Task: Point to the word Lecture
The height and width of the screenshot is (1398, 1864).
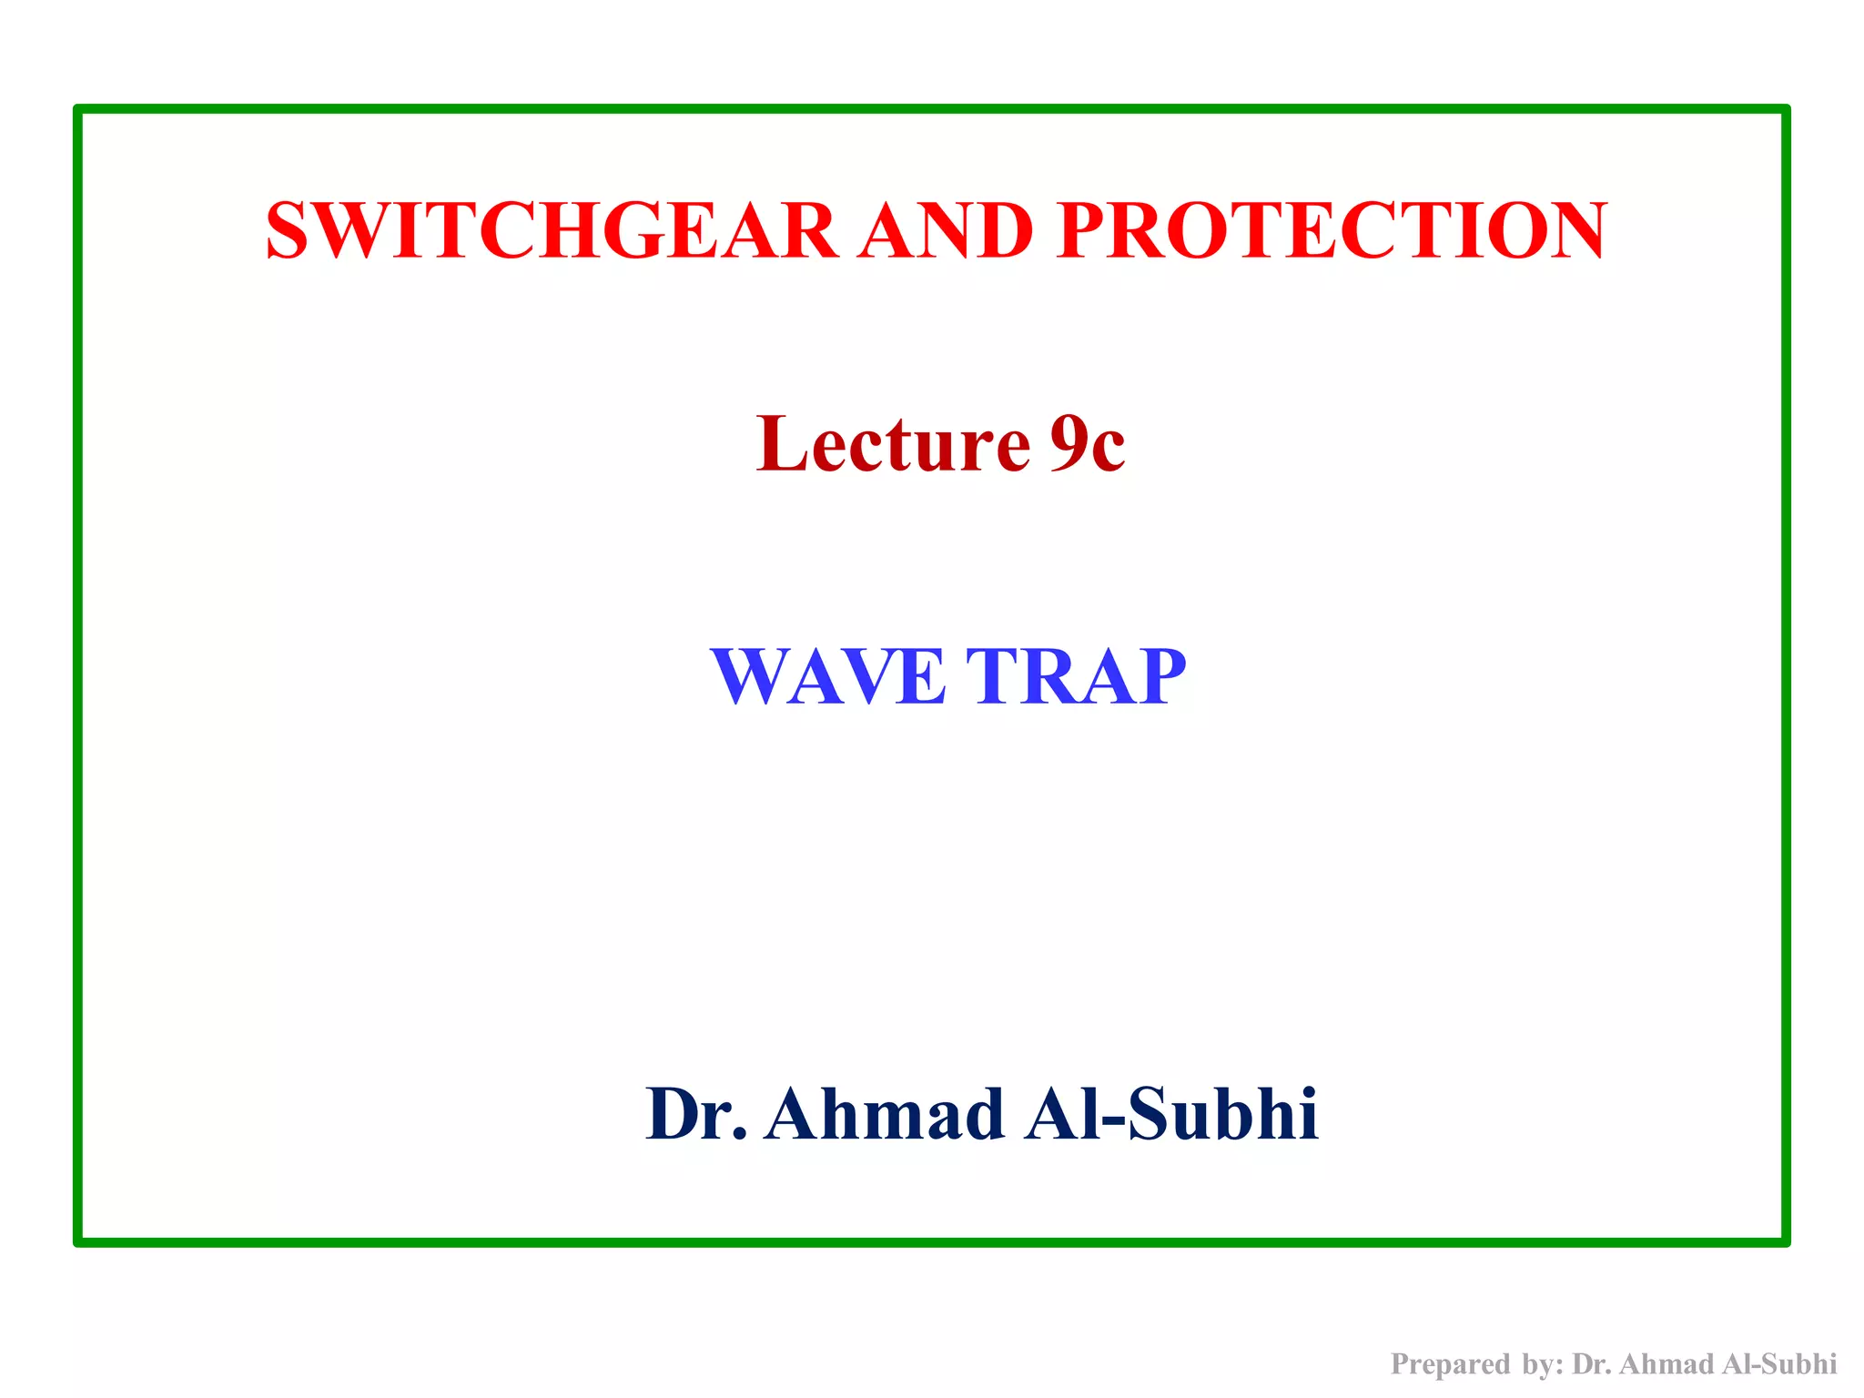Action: click(893, 444)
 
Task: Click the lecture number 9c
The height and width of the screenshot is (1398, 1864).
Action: click(1087, 444)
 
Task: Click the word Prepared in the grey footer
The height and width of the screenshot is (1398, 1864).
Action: click(1451, 1363)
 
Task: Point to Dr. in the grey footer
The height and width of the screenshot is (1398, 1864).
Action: click(1593, 1363)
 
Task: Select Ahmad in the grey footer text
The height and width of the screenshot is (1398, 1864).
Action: click(1666, 1363)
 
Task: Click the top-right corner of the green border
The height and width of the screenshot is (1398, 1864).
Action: click(1785, 110)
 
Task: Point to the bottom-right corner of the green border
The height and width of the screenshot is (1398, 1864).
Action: click(1785, 1241)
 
